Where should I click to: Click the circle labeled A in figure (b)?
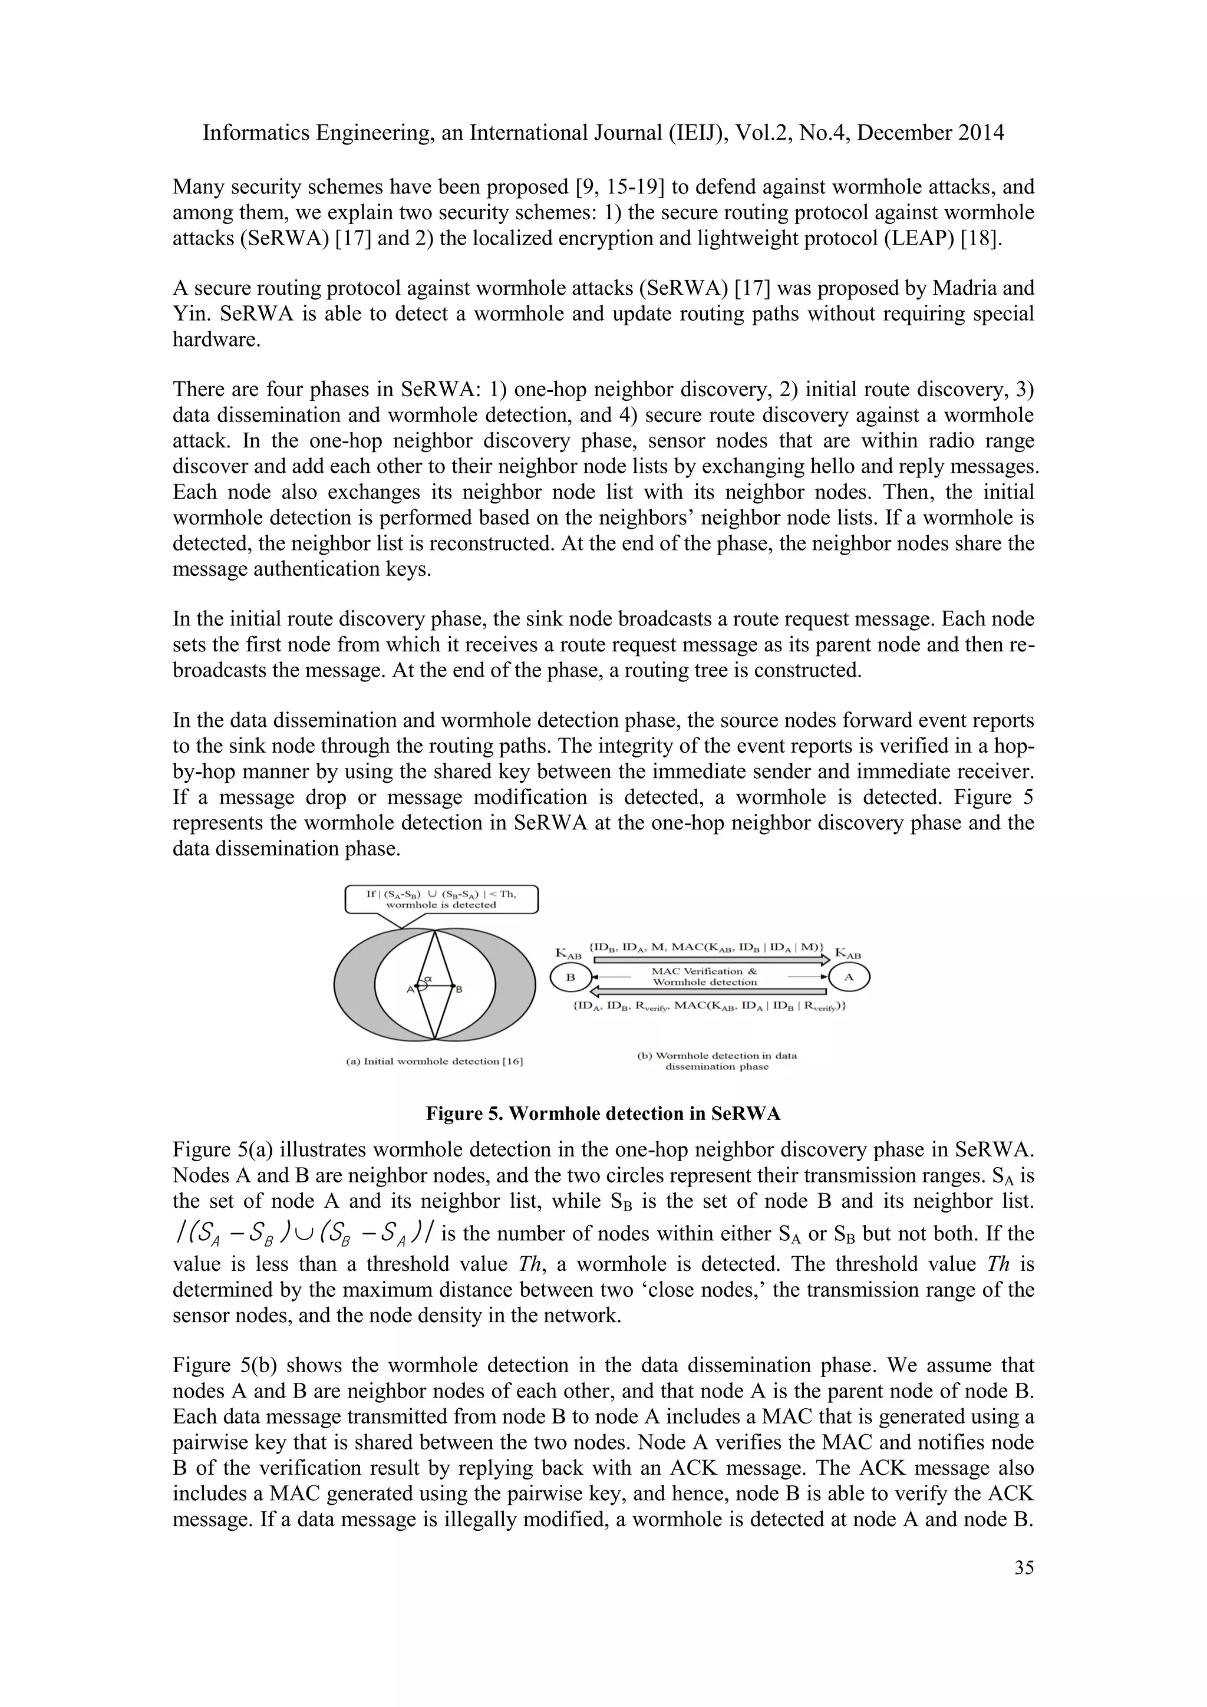pos(849,978)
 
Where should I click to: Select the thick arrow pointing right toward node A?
pos(710,960)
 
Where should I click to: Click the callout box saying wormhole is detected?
pos(441,899)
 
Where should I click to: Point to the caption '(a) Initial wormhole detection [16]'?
pos(435,1061)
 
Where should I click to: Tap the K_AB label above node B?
pos(569,954)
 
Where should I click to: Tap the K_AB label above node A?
pos(848,953)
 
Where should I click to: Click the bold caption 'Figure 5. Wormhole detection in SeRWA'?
pos(603,1113)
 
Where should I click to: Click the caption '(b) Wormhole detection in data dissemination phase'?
pos(717,1061)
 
